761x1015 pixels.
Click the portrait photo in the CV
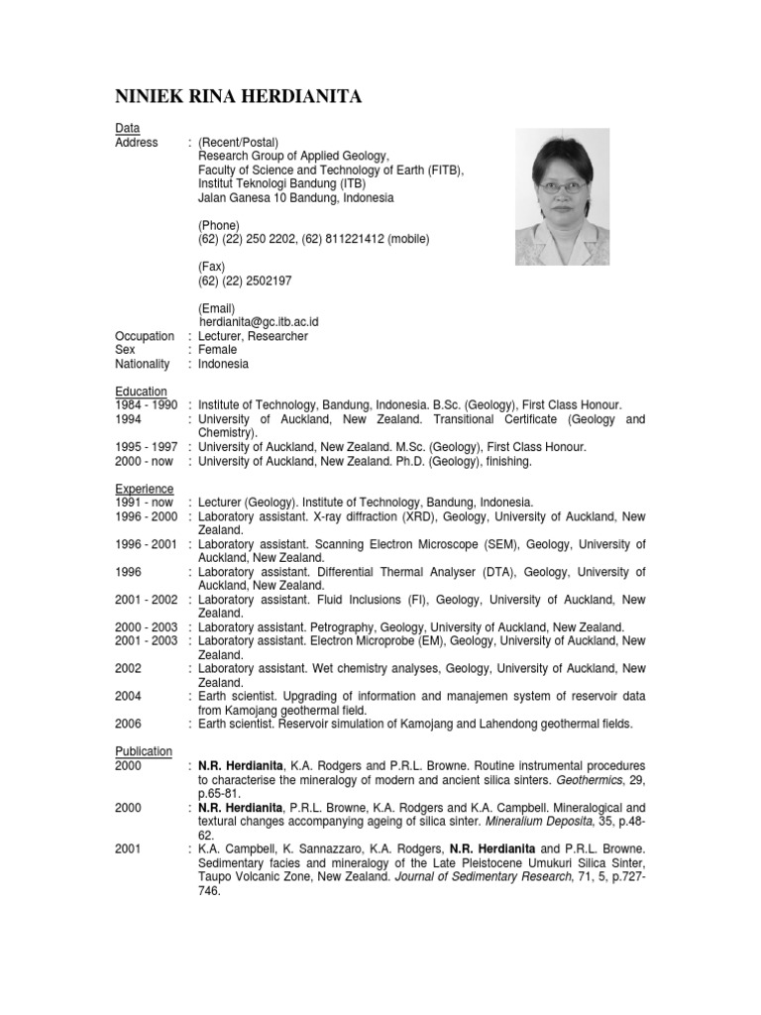click(x=563, y=199)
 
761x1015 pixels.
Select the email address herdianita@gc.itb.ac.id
click(x=259, y=322)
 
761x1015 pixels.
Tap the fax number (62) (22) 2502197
click(x=245, y=281)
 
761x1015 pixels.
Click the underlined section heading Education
click(x=141, y=392)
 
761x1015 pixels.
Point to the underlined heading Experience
click(x=144, y=489)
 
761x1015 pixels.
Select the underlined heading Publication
click(x=144, y=751)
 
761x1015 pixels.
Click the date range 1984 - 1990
click(x=147, y=405)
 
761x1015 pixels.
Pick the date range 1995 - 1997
click(x=147, y=447)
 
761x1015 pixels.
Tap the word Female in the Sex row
click(x=217, y=350)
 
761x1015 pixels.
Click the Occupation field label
click(x=145, y=336)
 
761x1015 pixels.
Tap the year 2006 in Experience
click(x=129, y=725)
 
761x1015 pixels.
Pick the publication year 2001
click(x=129, y=849)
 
